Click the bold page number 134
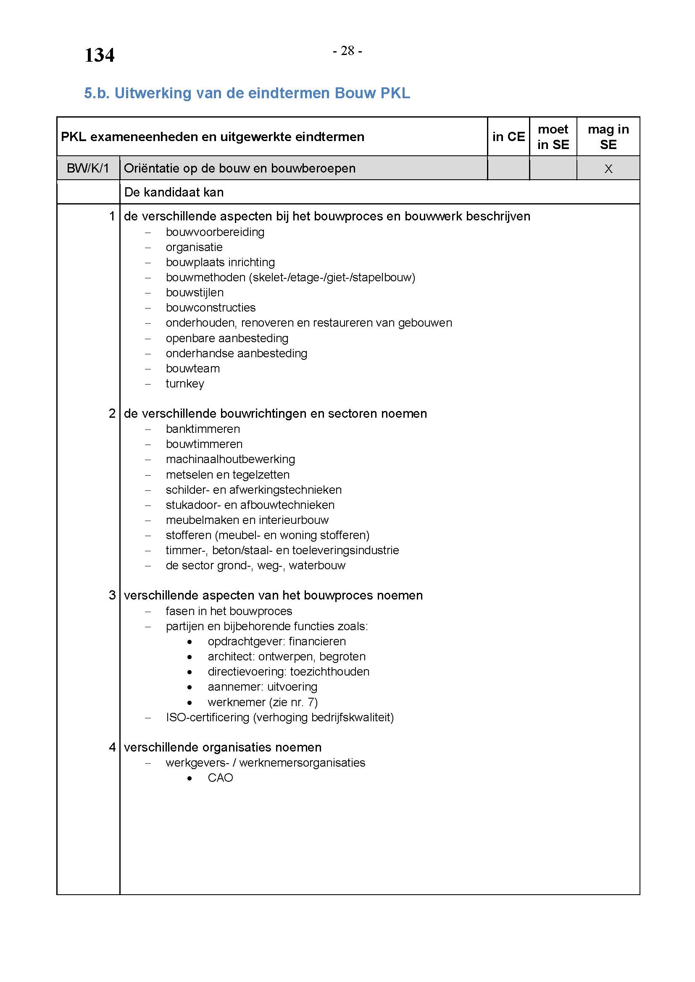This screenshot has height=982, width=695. click(x=99, y=55)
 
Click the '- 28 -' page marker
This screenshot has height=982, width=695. click(x=347, y=51)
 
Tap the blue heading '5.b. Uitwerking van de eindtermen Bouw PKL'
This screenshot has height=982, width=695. click(x=247, y=93)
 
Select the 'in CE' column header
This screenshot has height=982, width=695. click(x=508, y=137)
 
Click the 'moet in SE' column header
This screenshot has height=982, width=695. click(x=553, y=137)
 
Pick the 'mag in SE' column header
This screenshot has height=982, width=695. click(x=608, y=137)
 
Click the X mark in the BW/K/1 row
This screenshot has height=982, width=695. click(x=608, y=169)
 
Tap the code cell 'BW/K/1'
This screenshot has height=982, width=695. click(x=88, y=168)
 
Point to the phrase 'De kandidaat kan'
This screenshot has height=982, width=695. click(x=174, y=192)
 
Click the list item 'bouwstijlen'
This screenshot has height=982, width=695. click(x=195, y=293)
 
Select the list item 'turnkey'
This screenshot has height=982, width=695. click(x=185, y=384)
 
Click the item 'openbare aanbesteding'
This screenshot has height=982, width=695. click(x=227, y=338)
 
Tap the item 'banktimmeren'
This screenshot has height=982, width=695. click(x=203, y=429)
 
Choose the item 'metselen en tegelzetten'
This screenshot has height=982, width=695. click(x=228, y=475)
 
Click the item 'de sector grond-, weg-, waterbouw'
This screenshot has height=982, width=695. click(x=255, y=566)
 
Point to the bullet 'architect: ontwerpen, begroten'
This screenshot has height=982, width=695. click(x=286, y=657)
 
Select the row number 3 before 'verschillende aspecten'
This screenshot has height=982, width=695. click(x=112, y=595)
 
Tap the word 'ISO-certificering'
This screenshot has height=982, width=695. click(x=208, y=717)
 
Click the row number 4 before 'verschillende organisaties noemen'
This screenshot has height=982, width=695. click(x=112, y=747)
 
